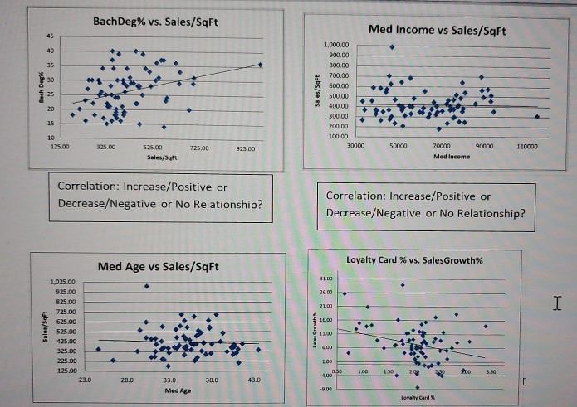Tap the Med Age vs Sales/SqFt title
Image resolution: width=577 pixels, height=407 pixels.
pos(158,266)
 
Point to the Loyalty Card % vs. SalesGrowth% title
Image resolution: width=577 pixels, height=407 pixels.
pos(415,260)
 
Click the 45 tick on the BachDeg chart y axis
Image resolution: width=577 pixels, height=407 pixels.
pos(49,36)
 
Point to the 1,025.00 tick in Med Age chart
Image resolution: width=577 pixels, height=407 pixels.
pos(63,283)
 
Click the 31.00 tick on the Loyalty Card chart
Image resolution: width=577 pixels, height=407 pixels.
pos(325,278)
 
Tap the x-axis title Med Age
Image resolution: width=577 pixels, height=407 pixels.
pos(174,389)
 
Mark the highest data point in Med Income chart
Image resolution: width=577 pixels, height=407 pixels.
pos(391,46)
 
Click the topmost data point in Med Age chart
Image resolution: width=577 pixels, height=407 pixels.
pos(147,286)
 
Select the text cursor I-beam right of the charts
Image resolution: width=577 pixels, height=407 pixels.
pos(557,308)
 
